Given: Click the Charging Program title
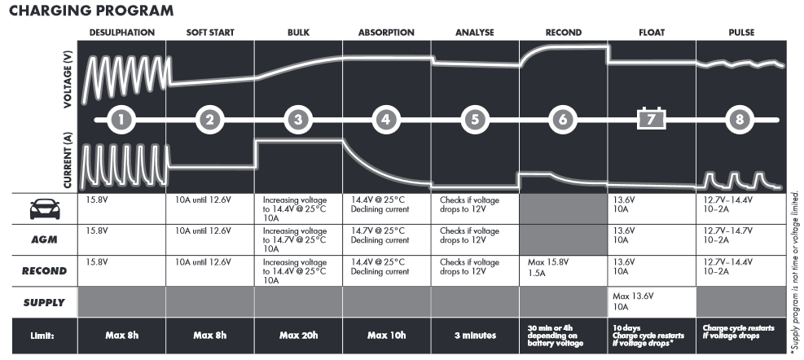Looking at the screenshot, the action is pyautogui.click(x=91, y=11).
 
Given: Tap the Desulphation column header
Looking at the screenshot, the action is pyautogui.click(x=122, y=33).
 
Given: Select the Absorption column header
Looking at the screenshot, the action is pyautogui.click(x=386, y=33).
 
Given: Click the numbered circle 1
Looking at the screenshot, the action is pyautogui.click(x=121, y=120).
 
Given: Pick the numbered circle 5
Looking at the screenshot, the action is pyautogui.click(x=475, y=120).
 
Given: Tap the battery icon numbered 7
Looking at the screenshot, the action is pyautogui.click(x=651, y=119).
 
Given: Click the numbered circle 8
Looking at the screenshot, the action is pyautogui.click(x=740, y=120).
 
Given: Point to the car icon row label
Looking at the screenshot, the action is pyautogui.click(x=45, y=209).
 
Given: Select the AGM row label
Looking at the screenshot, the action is pyautogui.click(x=45, y=239).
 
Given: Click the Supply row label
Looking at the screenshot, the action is pyautogui.click(x=45, y=302).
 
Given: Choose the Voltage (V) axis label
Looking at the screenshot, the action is pyautogui.click(x=68, y=79).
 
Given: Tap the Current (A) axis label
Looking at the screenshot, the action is pyautogui.click(x=68, y=160).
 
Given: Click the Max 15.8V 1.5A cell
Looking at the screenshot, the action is pyautogui.click(x=548, y=268).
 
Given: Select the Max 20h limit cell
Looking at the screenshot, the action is pyautogui.click(x=298, y=336).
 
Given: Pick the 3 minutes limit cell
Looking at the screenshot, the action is pyautogui.click(x=476, y=336).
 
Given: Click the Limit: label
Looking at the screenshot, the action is pyautogui.click(x=42, y=336).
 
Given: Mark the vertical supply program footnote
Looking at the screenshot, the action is pyautogui.click(x=795, y=273).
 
